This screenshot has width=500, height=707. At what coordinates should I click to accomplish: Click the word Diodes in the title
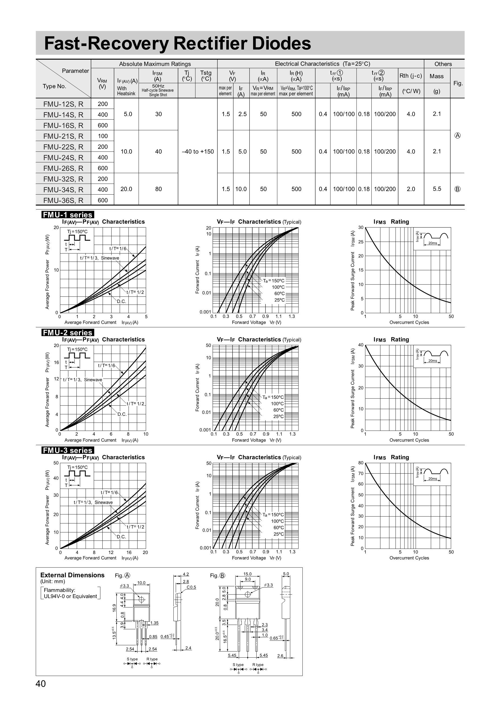[281, 43]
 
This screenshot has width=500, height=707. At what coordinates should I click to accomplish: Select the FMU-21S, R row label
[63, 136]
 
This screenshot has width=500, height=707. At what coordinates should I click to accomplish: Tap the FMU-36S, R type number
[63, 200]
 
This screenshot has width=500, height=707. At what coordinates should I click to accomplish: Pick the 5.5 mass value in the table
[437, 189]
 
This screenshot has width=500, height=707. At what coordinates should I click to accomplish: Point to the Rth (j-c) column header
[411, 76]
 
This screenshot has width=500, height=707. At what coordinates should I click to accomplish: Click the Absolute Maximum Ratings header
[155, 64]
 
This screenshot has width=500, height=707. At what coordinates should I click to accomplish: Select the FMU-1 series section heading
[68, 215]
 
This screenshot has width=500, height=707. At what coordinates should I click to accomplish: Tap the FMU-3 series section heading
[68, 450]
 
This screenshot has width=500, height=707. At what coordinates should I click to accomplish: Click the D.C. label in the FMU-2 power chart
[122, 414]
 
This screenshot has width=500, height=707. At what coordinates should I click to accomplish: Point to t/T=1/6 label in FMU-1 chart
[118, 249]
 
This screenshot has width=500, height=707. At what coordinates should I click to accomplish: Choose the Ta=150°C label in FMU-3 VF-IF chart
[273, 515]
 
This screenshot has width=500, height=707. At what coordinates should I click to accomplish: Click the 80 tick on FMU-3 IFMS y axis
[361, 463]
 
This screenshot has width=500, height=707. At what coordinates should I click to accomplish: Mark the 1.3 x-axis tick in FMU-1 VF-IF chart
[292, 316]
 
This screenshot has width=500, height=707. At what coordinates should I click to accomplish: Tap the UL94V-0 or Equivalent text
[71, 596]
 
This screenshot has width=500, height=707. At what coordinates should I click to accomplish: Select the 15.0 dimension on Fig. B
[247, 574]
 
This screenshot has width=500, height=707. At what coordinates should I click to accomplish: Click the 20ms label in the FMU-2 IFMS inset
[432, 361]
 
